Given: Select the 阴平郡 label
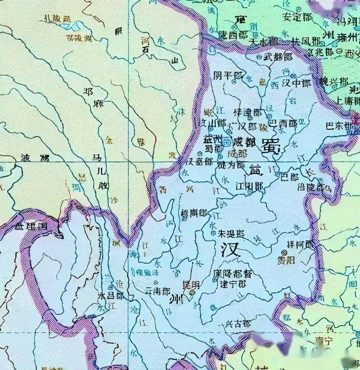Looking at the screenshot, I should tap(227, 76).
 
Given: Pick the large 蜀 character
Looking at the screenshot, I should tap(269, 146).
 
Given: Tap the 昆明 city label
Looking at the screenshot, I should tap(192, 286).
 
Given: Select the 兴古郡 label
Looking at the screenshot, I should tap(238, 324).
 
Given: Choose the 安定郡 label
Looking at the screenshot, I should tap(294, 15).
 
